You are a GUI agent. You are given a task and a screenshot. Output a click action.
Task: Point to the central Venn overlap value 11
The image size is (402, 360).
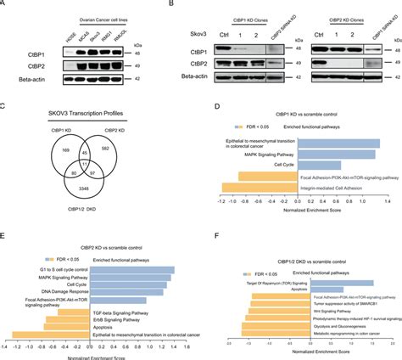pyautogui.click(x=72, y=160)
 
